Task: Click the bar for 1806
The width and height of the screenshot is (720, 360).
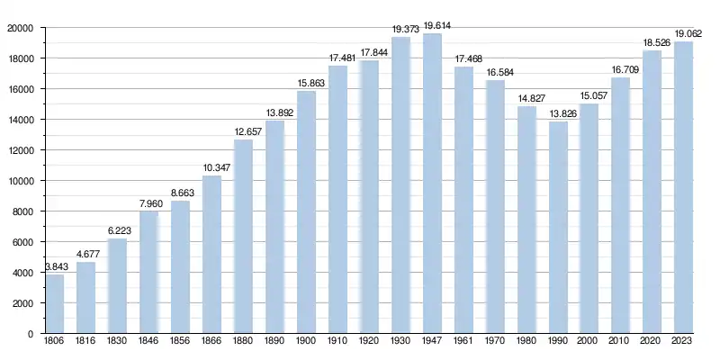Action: point(55,304)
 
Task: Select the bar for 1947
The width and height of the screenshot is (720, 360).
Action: point(432,184)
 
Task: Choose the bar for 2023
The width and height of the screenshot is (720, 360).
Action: point(683,188)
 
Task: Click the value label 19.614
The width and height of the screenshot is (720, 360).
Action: point(432,26)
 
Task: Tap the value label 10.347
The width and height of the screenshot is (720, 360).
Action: point(211,168)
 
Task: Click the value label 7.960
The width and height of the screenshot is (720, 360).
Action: point(149,204)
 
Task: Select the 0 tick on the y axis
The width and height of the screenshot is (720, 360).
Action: point(31,334)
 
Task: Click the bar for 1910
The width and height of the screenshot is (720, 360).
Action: point(337,200)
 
